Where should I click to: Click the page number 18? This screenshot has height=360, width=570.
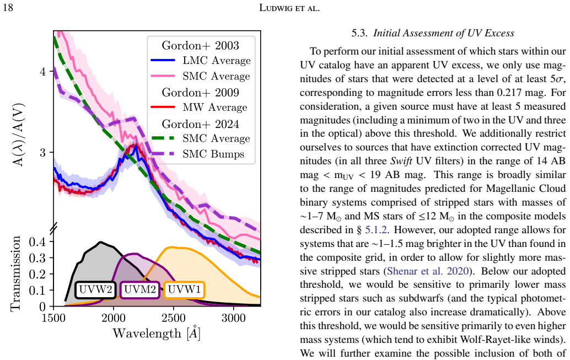tap(8, 7)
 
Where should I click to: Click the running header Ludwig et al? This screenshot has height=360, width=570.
tap(289, 8)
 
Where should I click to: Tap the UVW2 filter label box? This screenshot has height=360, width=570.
tap(96, 290)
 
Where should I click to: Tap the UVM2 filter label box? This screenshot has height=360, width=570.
tap(140, 290)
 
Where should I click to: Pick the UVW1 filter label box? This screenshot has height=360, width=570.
tap(184, 290)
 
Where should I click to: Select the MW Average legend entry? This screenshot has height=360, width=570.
tap(199, 108)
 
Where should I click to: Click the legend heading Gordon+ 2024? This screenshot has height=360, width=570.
tap(200, 123)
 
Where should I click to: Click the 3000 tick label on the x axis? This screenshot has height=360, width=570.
tap(233, 318)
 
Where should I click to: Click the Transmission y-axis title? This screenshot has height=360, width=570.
tap(15, 273)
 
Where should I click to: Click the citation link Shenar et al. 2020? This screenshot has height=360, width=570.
tap(428, 271)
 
